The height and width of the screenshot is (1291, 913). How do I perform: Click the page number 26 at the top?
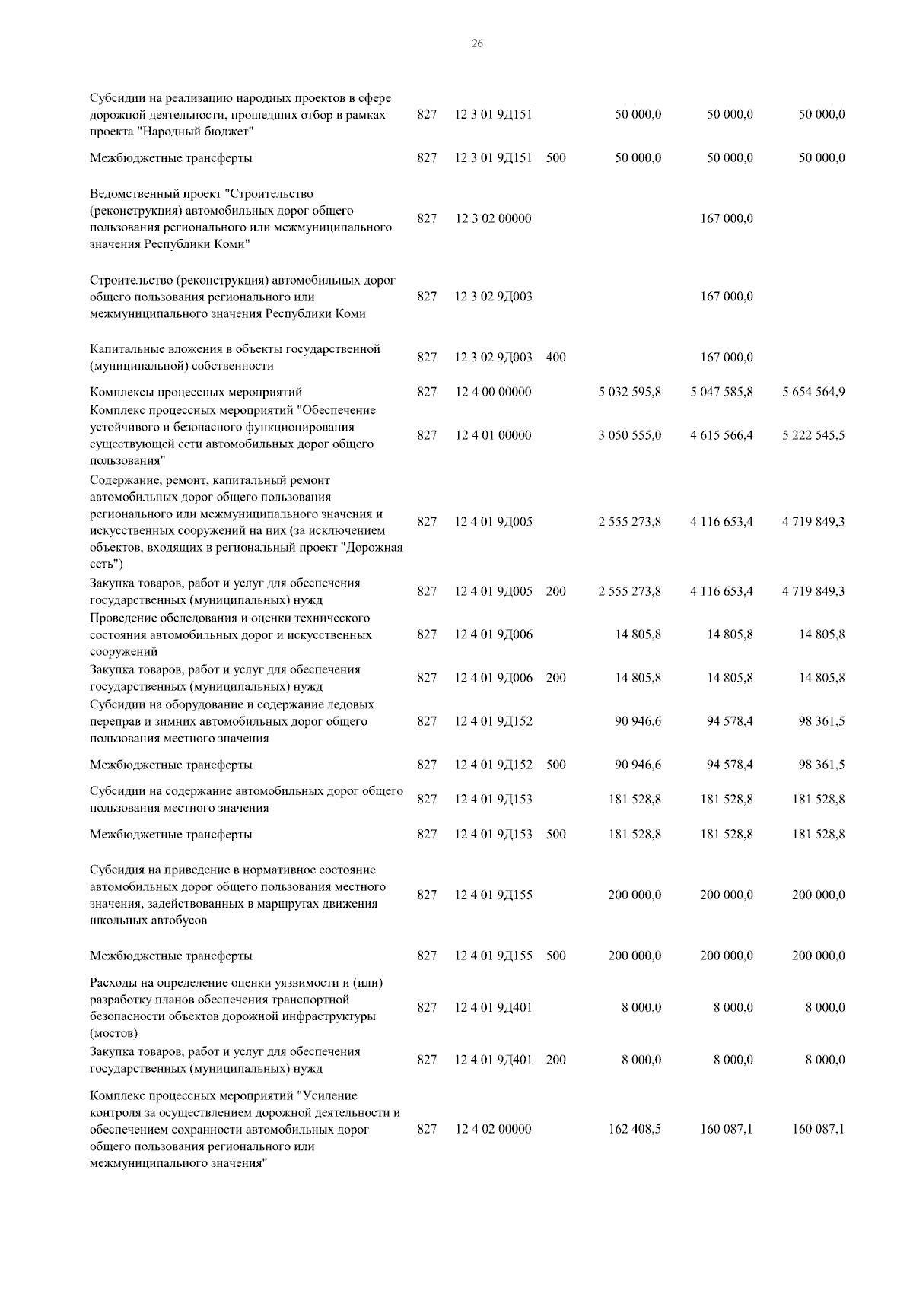point(477,43)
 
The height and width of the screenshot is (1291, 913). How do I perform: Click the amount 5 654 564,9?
point(813,393)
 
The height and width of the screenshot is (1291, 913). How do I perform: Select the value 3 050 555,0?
point(629,435)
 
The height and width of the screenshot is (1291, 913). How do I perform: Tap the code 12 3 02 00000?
point(493,219)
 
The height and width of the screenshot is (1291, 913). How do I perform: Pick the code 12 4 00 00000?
point(493,393)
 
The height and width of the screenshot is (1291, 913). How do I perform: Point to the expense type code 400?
point(555,358)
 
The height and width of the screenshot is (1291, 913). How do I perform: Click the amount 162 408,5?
point(635,1129)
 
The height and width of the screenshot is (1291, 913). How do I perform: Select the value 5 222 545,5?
point(813,435)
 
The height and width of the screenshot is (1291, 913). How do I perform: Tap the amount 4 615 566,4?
point(721,435)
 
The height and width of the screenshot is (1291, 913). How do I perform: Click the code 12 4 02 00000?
point(493,1129)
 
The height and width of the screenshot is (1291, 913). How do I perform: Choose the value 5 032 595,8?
point(629,393)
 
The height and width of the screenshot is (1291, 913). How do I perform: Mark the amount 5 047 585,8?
point(721,393)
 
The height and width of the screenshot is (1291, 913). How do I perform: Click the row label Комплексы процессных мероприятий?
point(196,393)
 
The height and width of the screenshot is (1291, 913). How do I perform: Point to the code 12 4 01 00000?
point(493,435)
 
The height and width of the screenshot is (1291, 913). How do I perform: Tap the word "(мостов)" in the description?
point(114,1033)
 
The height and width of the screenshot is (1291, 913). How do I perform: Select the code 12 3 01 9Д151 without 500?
point(493,115)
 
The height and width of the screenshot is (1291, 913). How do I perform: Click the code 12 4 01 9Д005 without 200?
point(493,522)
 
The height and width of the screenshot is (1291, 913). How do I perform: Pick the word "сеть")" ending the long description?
point(107,564)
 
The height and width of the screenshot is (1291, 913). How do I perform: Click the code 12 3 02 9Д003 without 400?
point(493,297)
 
